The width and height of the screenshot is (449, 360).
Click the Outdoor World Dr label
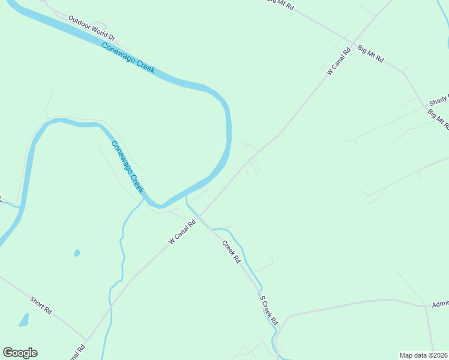pyautogui.click(x=91, y=28)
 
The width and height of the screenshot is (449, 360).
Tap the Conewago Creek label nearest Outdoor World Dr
pyautogui.click(x=128, y=58)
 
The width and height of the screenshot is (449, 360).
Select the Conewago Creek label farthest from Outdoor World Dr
pyautogui.click(x=128, y=167)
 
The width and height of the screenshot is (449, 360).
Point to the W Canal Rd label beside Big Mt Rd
pyautogui.click(x=339, y=62)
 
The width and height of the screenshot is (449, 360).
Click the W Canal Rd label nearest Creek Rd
pyautogui.click(x=182, y=232)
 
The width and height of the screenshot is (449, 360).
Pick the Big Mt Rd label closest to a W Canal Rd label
pyautogui.click(x=370, y=55)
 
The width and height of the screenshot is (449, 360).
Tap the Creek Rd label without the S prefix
pyautogui.click(x=231, y=252)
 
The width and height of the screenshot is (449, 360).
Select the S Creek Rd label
pyautogui.click(x=269, y=309)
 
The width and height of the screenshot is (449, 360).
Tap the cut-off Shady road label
pyautogui.click(x=439, y=100)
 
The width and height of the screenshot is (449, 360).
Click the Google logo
pyautogui.click(x=20, y=353)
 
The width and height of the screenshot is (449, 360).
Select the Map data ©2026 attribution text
pyautogui.click(x=424, y=355)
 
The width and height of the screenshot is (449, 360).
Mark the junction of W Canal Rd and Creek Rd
pyautogui.click(x=199, y=216)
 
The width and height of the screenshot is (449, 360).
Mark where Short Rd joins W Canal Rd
pyautogui.click(x=87, y=340)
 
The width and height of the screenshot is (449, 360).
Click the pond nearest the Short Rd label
pyautogui.click(x=23, y=320)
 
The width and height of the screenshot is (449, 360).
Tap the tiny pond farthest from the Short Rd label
pyautogui.click(x=77, y=253)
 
